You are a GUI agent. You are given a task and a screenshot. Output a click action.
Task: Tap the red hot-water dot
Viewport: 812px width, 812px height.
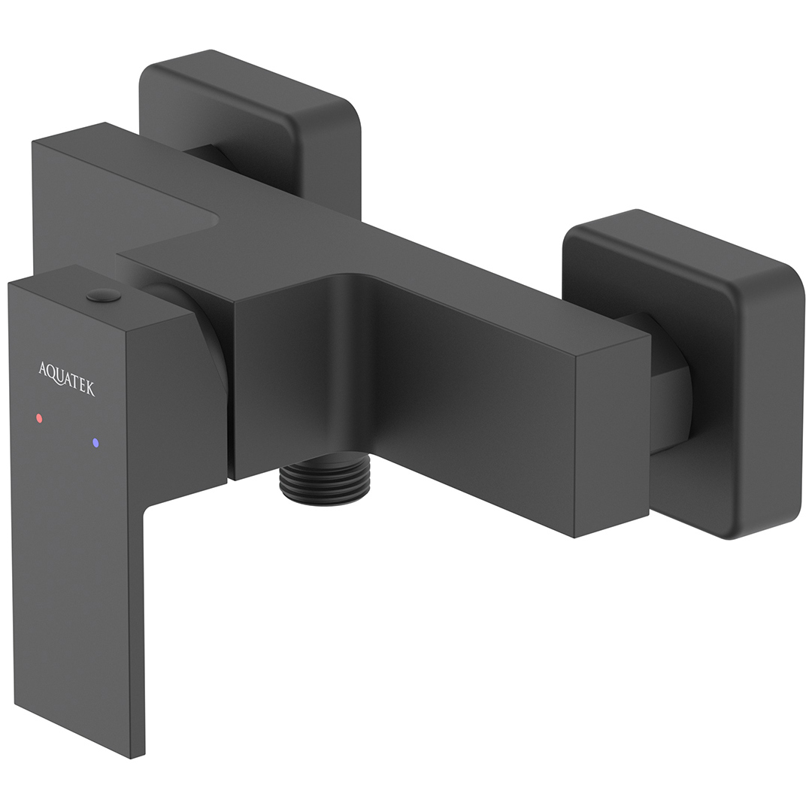[39, 417]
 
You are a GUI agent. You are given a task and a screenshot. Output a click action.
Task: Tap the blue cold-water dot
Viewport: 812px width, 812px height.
[95, 444]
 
